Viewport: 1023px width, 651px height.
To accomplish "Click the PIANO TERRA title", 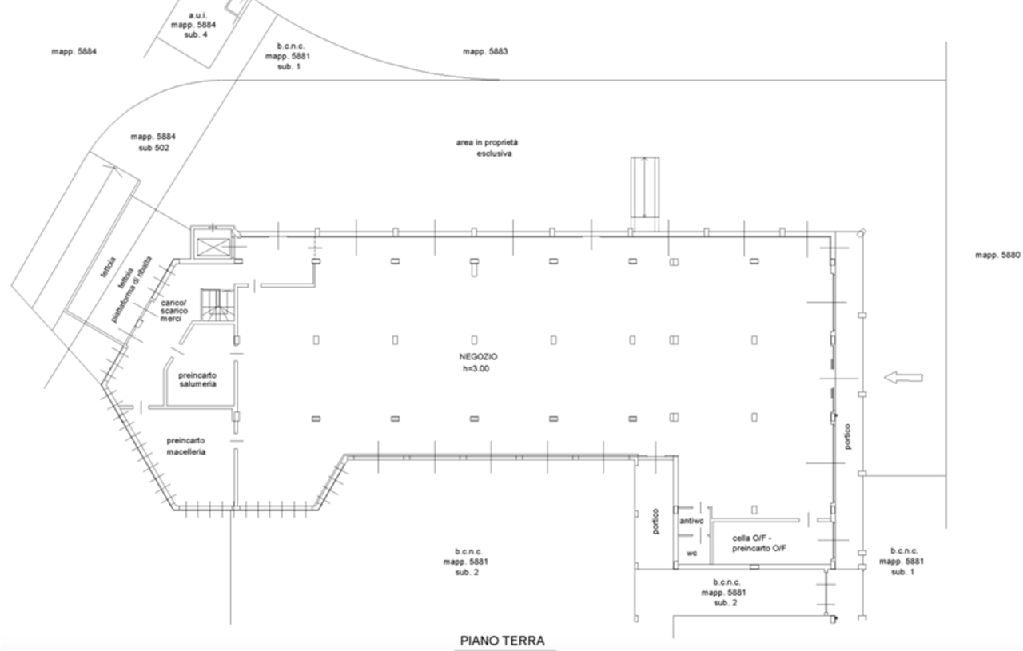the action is (x=503, y=641).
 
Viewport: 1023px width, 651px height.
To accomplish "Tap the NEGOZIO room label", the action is (x=478, y=356).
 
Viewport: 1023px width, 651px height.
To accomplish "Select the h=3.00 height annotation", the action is (x=476, y=368).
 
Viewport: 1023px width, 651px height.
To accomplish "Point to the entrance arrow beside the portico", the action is (x=903, y=378).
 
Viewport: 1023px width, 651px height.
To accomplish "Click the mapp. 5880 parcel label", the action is (x=997, y=255).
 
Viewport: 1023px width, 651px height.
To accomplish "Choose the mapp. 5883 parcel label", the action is (x=485, y=51).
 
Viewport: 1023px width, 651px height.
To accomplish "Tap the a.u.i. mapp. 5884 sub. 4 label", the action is (x=193, y=25).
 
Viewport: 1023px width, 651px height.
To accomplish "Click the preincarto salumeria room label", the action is (x=197, y=379).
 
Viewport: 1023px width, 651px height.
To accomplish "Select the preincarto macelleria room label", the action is (x=186, y=446).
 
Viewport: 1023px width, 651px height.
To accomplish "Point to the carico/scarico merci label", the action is (x=174, y=311).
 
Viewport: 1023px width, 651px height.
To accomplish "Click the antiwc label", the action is (x=691, y=521).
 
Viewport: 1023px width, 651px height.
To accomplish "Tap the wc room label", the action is (x=691, y=554).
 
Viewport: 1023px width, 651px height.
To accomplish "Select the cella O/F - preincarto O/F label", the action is (x=759, y=543).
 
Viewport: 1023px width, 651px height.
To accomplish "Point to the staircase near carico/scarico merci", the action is (x=217, y=304).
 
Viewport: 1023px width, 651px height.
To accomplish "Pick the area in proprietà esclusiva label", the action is (x=487, y=148).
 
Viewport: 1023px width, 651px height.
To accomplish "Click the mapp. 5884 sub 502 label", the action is (x=153, y=142).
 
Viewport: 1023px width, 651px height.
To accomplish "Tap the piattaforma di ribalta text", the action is (x=132, y=289).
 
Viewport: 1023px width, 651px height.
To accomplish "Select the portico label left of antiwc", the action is (x=655, y=522).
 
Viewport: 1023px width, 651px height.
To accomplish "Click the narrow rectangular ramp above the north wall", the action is (x=645, y=188).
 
